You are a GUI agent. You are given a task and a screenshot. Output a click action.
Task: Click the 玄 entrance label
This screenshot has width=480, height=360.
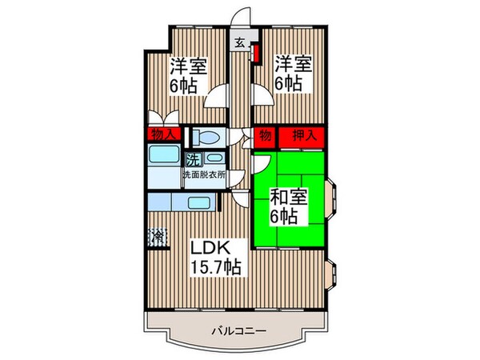click(x=239, y=44)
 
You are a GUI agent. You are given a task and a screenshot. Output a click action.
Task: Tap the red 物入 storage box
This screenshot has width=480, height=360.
click(x=163, y=135)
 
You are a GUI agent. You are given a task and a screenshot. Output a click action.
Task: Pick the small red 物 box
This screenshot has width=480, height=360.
click(x=265, y=135)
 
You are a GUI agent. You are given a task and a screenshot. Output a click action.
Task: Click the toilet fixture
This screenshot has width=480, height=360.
click(x=206, y=138)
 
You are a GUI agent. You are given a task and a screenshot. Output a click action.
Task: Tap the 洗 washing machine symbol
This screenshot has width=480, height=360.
click(x=193, y=158)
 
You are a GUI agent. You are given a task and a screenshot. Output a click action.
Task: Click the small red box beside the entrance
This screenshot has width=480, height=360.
click(x=256, y=54)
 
